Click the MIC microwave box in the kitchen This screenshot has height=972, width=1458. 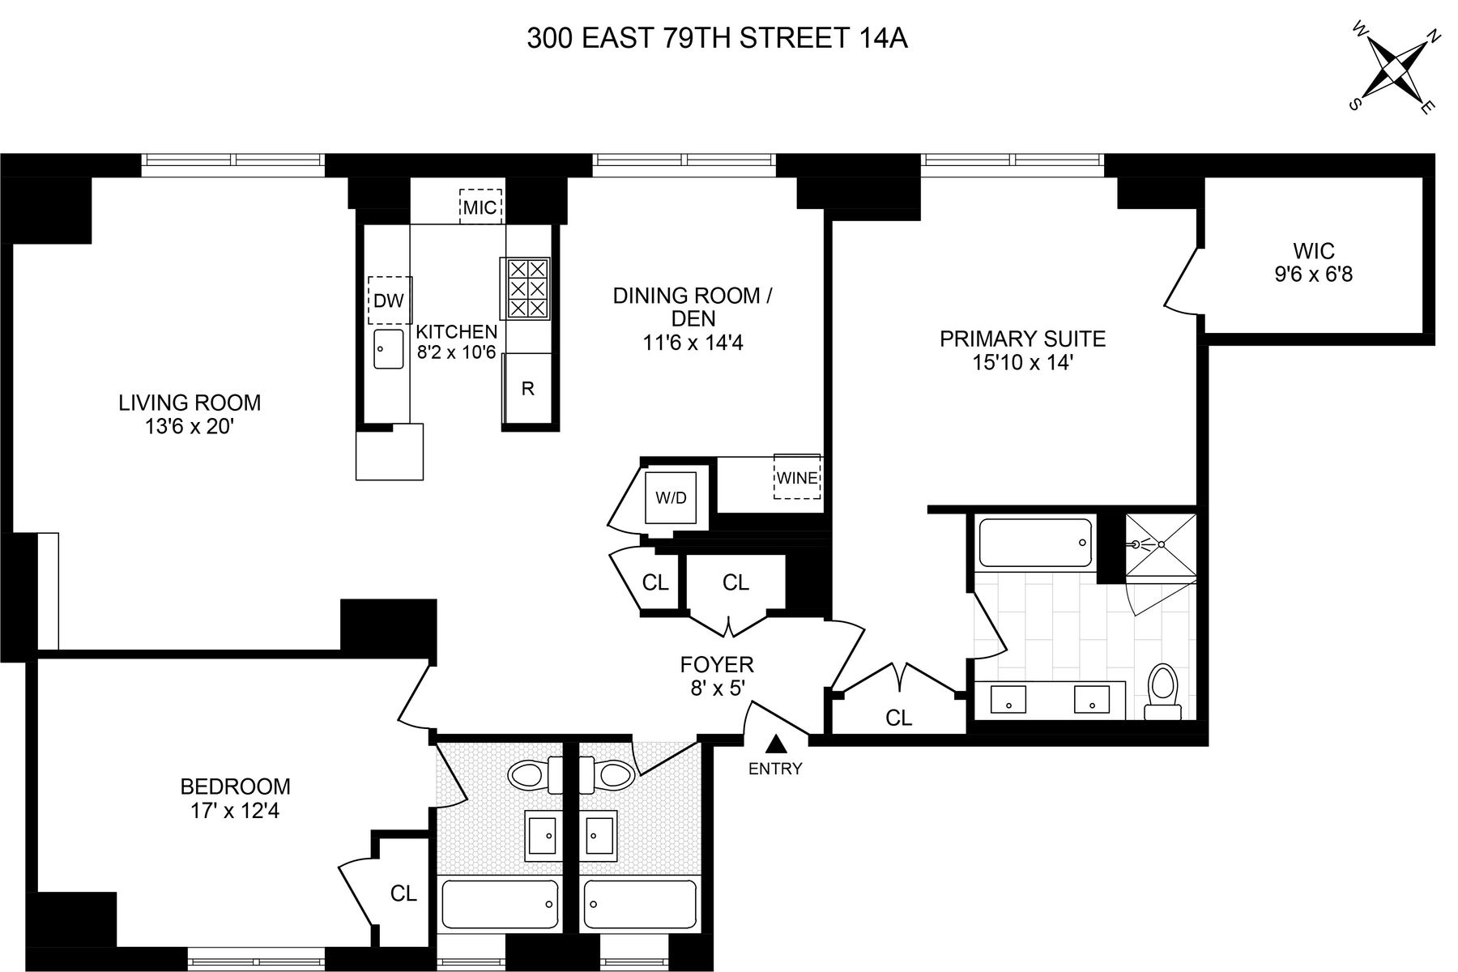click(x=480, y=206)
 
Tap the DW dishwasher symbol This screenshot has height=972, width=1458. click(x=390, y=301)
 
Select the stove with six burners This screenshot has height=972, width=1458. click(x=526, y=288)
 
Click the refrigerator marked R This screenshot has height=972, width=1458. click(x=527, y=389)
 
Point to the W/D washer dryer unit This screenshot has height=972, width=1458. click(x=671, y=497)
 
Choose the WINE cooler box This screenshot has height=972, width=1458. click(x=797, y=477)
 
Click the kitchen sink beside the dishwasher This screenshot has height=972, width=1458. click(x=389, y=349)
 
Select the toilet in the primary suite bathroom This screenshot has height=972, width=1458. click(x=1163, y=692)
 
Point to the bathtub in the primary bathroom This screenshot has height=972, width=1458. click(x=1035, y=543)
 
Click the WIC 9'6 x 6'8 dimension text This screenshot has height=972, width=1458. click(x=1313, y=275)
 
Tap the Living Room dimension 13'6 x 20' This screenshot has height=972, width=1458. click(x=190, y=426)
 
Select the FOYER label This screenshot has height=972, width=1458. click(x=717, y=665)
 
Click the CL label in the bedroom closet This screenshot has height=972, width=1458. click(x=403, y=893)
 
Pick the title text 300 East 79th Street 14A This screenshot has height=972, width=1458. click(x=717, y=38)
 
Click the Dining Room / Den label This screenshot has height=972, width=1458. click(x=693, y=307)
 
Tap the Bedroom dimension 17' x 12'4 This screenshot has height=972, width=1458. click(x=230, y=810)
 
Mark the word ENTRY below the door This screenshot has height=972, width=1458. click(x=775, y=769)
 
